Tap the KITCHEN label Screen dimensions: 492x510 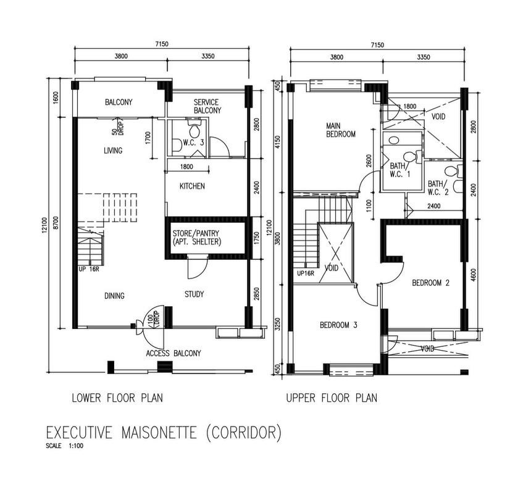(192, 186)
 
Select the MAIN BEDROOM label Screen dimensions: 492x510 (341, 130)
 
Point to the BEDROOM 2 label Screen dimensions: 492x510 (430, 283)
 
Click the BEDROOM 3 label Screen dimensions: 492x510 (338, 325)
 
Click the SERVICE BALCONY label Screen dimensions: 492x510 (207, 106)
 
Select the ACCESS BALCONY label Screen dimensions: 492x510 (173, 353)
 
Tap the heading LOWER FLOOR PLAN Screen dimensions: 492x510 (117, 398)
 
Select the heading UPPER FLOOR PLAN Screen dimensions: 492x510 (332, 398)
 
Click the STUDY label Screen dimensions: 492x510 (194, 294)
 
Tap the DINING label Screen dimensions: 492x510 (114, 296)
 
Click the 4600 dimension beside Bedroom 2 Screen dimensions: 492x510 (474, 273)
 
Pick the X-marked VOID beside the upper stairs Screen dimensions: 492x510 (335, 253)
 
